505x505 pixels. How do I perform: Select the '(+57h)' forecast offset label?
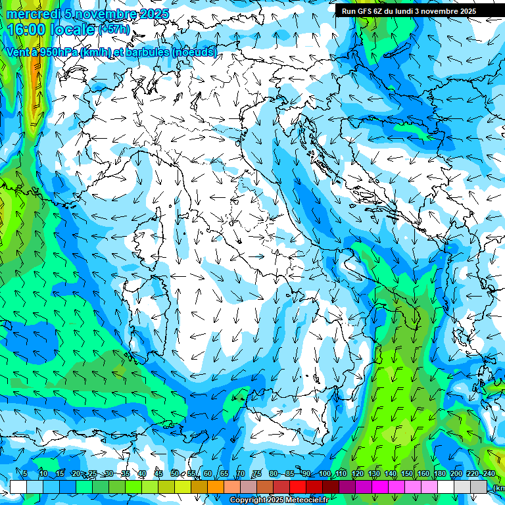pyautogui.click(x=113, y=29)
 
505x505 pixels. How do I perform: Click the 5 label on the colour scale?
pyautogui.click(x=25, y=474)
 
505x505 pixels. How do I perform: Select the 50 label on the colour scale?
pyautogui.click(x=174, y=474)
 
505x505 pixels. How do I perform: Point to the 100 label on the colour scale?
pyautogui.click(x=324, y=474)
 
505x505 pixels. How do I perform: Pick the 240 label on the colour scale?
pyautogui.click(x=489, y=474)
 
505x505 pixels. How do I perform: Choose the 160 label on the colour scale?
pyautogui.click(x=423, y=474)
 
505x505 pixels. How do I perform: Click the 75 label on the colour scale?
pyautogui.click(x=257, y=474)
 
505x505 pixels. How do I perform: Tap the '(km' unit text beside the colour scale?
pyautogui.click(x=498, y=488)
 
